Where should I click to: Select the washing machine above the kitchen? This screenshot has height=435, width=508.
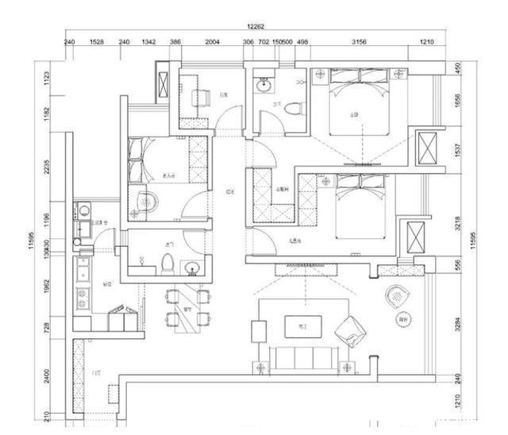coord(82,210)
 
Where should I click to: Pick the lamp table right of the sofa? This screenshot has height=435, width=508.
coord(347,367)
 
